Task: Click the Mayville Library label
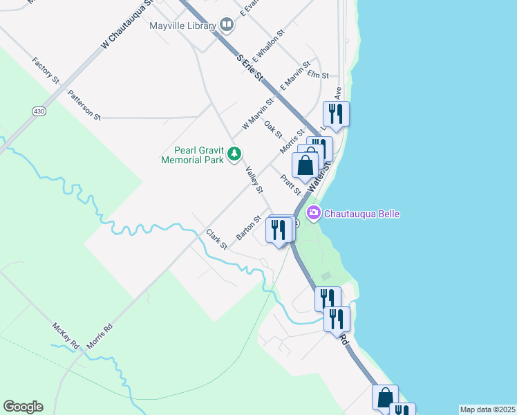(182, 26)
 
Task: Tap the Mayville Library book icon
(227, 26)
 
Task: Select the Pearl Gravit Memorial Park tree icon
(236, 153)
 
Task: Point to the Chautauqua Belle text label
(362, 214)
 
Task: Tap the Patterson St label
(84, 104)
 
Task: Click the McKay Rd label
(66, 336)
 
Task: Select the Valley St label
(254, 180)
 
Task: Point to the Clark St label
(216, 239)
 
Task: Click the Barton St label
(248, 228)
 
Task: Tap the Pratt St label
(290, 185)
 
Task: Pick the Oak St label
(273, 129)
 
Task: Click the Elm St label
(318, 74)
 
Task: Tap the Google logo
(23, 407)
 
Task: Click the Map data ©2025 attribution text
(487, 409)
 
